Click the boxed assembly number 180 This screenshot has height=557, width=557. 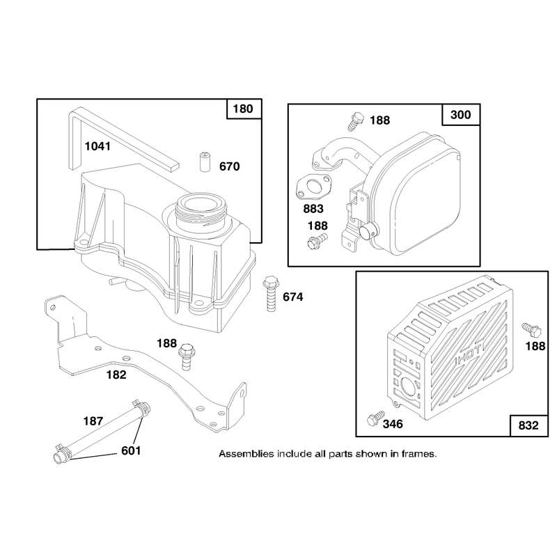click(243, 109)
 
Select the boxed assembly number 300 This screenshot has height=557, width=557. click(461, 115)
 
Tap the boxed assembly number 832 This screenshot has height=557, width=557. click(528, 425)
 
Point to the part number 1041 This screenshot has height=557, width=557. click(97, 146)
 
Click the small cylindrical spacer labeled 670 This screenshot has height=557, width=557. click(204, 162)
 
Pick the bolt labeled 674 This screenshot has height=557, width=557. click(271, 293)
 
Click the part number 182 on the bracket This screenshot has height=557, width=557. click(116, 375)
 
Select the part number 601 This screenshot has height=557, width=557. click(131, 450)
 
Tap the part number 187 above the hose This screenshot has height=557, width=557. click(93, 421)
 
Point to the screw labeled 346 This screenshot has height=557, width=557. click(375, 418)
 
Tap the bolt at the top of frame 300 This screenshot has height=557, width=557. click(356, 121)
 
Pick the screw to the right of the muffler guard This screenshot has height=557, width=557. click(531, 330)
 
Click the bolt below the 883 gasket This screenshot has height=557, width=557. click(317, 241)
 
